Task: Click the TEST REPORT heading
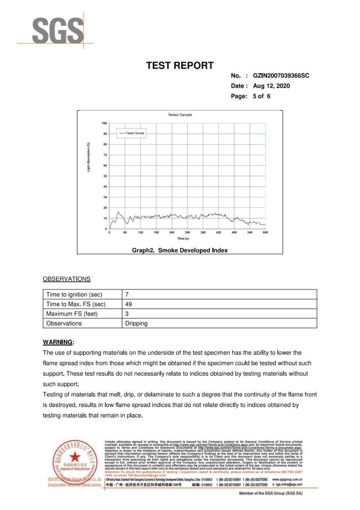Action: pos(179,66)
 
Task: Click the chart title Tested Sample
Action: pos(179,115)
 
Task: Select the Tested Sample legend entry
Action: pos(132,134)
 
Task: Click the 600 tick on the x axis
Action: pos(265,232)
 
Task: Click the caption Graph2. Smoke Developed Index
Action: pos(179,251)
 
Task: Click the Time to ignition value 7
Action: pos(127,294)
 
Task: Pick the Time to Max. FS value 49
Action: pos(128,304)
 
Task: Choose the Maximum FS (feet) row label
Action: pos(70,313)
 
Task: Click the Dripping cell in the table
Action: pos(136,323)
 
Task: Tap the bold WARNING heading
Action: pos(58,342)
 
